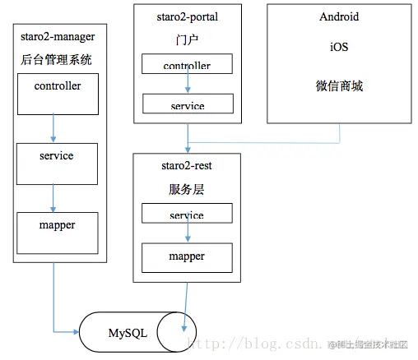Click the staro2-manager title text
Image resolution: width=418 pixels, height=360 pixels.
tap(56, 38)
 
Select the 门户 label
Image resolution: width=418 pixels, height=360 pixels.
tap(187, 39)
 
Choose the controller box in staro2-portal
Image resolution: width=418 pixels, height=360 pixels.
tap(187, 64)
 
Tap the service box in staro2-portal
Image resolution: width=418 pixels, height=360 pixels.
tap(187, 104)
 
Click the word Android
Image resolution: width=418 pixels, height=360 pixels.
tap(339, 17)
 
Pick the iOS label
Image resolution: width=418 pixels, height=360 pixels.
tap(339, 48)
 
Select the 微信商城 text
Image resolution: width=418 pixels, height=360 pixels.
tap(339, 86)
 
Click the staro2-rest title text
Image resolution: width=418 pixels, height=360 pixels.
tap(187, 166)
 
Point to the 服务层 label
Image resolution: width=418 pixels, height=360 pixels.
tap(187, 188)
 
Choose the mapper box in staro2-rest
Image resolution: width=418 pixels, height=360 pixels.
tap(187, 257)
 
